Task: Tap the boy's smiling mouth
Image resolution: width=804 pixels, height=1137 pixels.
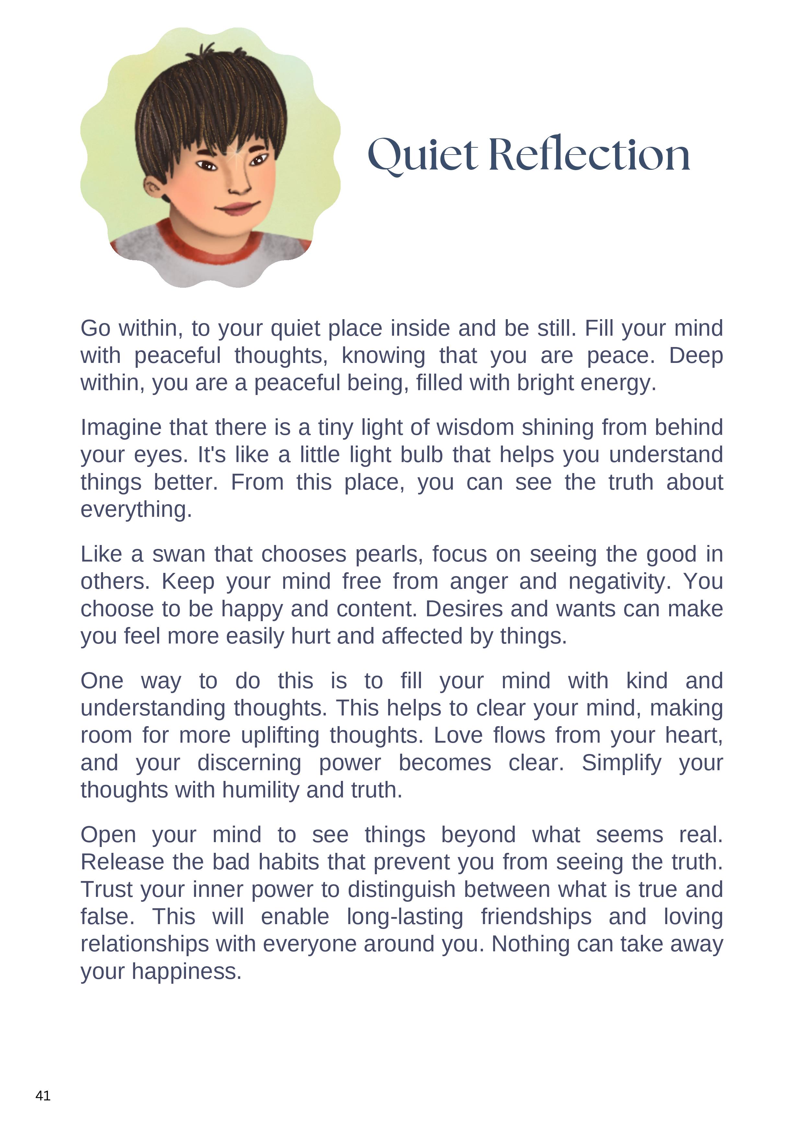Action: pos(238,207)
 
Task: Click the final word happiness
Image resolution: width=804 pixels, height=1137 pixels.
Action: pos(186,972)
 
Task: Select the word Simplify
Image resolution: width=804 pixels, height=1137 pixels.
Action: pos(621,763)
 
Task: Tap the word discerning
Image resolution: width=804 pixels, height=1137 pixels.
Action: pos(249,763)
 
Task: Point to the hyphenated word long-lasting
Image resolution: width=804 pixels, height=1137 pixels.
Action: pos(405,917)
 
